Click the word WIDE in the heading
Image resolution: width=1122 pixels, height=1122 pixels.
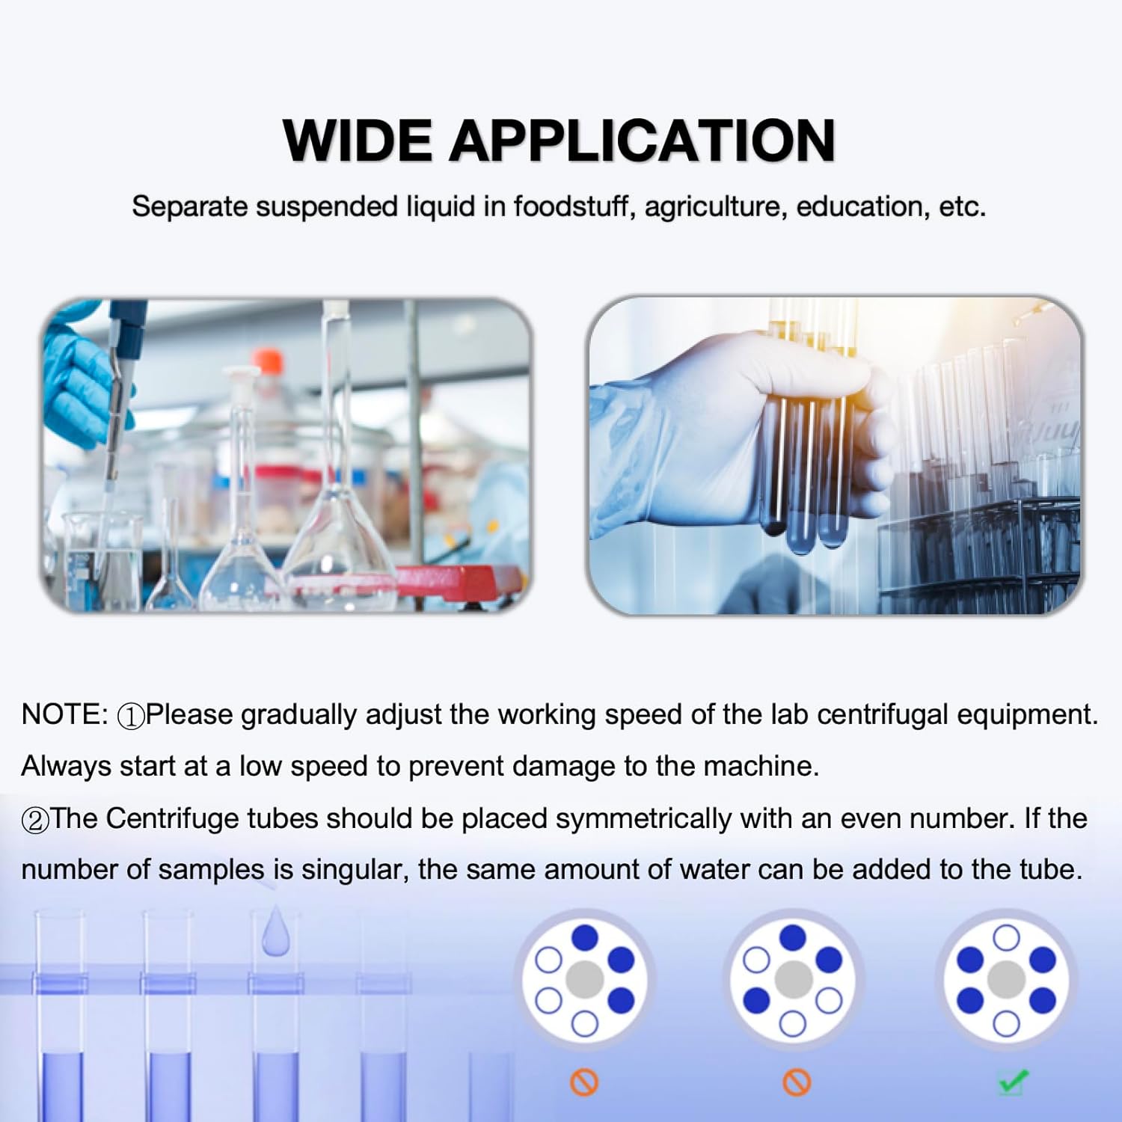pos(357,141)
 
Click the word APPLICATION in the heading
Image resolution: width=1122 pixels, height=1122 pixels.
pos(641,141)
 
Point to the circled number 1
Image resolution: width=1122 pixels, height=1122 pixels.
pos(131,717)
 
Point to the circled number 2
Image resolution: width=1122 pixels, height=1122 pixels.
pos(34,821)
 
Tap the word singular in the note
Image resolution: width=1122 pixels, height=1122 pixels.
pos(354,869)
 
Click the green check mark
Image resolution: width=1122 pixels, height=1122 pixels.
pos(1013,1082)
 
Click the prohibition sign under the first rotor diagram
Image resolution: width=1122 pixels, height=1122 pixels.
pos(584,1082)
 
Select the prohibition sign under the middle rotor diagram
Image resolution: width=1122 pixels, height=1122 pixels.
pos(796,1082)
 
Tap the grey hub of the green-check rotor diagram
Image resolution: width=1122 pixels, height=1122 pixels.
pos(1006,979)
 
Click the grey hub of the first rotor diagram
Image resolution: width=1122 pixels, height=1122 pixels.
pos(585,979)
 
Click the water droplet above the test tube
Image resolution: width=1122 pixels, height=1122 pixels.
pos(275,931)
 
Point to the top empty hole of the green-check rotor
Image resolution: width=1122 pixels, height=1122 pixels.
pos(1006,937)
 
